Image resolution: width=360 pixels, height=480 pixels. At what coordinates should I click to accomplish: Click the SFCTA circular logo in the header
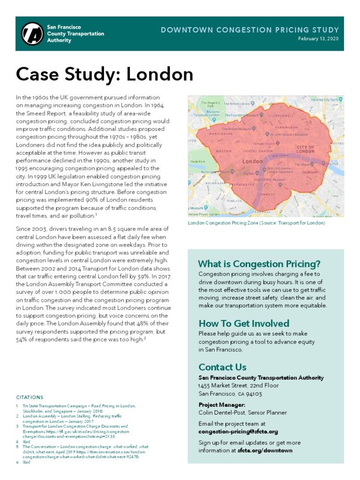coord(32,34)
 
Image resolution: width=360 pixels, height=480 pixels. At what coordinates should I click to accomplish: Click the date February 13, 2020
coord(318,39)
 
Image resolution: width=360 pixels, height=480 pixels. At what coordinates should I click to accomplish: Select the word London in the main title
coord(160,74)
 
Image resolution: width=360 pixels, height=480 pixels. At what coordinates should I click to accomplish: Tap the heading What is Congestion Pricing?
coord(259,263)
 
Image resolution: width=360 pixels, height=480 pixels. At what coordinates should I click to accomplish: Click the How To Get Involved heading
coord(244,323)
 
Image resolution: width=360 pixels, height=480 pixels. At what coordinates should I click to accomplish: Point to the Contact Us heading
coord(222,367)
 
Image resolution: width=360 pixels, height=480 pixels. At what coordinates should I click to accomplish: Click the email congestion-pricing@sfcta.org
coord(238,431)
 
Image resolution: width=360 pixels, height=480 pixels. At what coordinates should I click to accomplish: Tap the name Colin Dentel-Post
coord(223,412)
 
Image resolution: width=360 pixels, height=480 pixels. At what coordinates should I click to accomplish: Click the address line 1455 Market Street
coord(238,385)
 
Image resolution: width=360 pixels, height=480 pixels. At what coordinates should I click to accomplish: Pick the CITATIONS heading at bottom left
coord(30,397)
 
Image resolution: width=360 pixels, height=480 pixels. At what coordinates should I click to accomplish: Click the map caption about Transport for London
coord(256,223)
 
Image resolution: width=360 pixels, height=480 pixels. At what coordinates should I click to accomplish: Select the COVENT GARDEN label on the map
coord(257,151)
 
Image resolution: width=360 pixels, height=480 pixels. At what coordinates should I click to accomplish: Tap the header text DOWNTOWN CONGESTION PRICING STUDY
coord(249,30)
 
